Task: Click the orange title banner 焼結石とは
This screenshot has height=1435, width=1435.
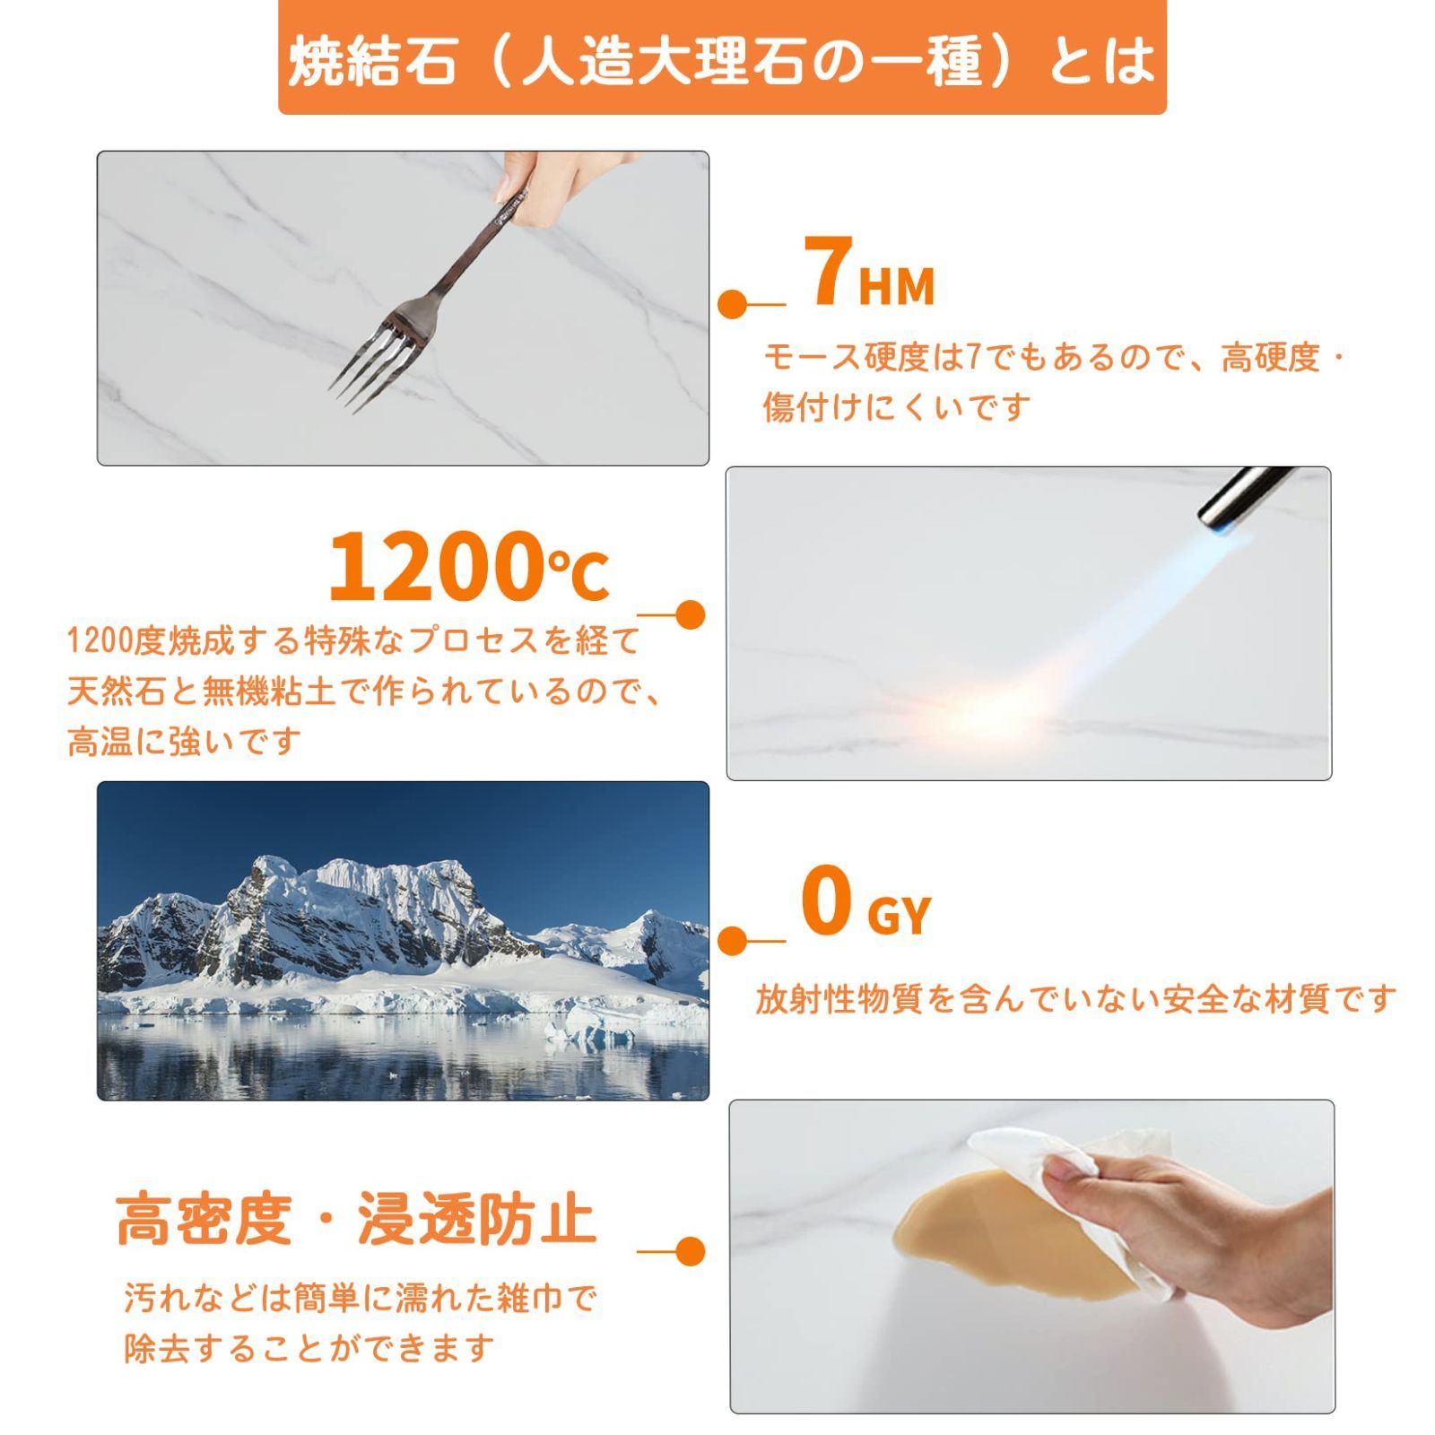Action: pos(722,59)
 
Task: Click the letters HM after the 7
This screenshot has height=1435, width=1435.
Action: pos(896,287)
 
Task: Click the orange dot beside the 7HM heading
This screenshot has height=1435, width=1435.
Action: pos(733,304)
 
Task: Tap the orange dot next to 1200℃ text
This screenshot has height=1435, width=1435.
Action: pos(689,614)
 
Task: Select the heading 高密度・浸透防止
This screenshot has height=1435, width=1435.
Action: pos(356,1220)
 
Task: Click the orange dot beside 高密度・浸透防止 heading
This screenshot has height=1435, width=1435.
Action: pos(689,1251)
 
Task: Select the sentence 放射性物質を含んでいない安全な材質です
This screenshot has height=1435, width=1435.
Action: pos(1075,999)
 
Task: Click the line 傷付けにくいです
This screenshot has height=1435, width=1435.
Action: pos(897,408)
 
